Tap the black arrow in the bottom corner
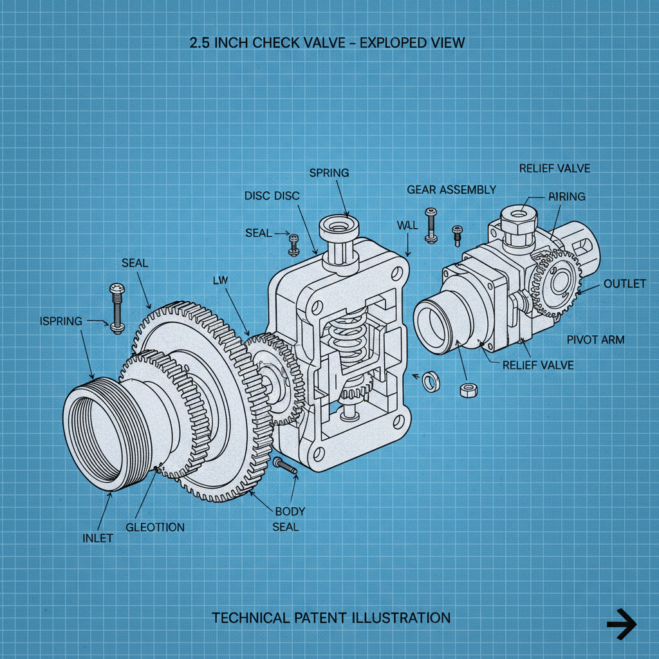(621, 624)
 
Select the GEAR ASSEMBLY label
(451, 189)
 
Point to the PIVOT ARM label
(595, 339)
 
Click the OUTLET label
(624, 284)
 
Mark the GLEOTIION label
(155, 527)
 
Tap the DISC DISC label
(272, 196)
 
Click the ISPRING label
(60, 321)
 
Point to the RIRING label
(566, 197)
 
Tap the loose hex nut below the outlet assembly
(468, 389)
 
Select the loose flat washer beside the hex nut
(429, 382)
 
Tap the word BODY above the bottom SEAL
(290, 512)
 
